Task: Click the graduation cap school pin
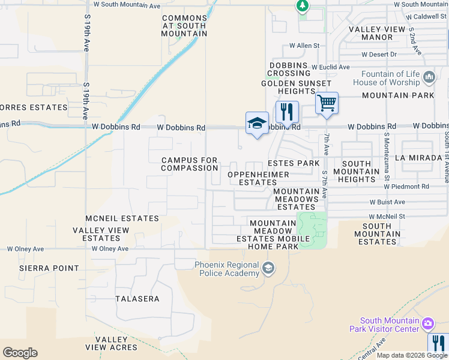click(257, 123)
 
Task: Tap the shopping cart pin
click(327, 103)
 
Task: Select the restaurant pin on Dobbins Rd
click(288, 112)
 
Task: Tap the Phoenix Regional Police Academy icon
click(268, 268)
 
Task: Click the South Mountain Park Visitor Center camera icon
click(427, 325)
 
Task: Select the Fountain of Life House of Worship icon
click(429, 77)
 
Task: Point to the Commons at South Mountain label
click(184, 26)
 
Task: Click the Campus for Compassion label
click(189, 164)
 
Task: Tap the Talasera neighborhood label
click(137, 299)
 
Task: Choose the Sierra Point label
click(49, 268)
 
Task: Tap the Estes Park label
click(294, 163)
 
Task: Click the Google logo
click(20, 353)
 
